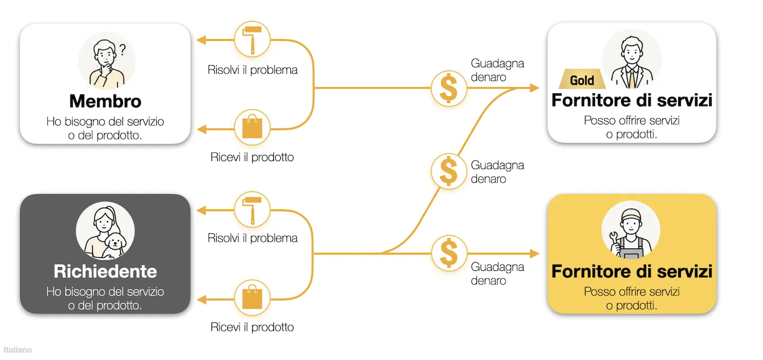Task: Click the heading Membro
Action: (x=105, y=101)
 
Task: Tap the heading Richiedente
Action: (x=105, y=271)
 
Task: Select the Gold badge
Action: (x=582, y=79)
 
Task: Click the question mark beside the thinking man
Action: (x=122, y=50)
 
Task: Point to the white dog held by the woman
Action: (x=115, y=245)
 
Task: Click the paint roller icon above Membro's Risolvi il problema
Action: (x=252, y=39)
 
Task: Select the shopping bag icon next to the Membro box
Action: (x=252, y=127)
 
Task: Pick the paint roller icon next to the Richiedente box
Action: (x=252, y=209)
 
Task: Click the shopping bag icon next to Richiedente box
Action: (x=252, y=297)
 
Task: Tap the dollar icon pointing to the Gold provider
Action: (x=449, y=89)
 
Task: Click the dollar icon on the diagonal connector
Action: (x=449, y=171)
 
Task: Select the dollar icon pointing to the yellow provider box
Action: (x=449, y=253)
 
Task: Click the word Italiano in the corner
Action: (x=17, y=350)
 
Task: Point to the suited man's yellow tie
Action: (x=632, y=78)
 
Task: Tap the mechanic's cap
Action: (x=631, y=215)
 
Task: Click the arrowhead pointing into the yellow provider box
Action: (x=535, y=253)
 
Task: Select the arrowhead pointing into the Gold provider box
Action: (x=535, y=88)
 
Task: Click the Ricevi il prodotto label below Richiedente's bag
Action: (x=252, y=327)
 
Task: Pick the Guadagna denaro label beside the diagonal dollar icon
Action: (x=498, y=172)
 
